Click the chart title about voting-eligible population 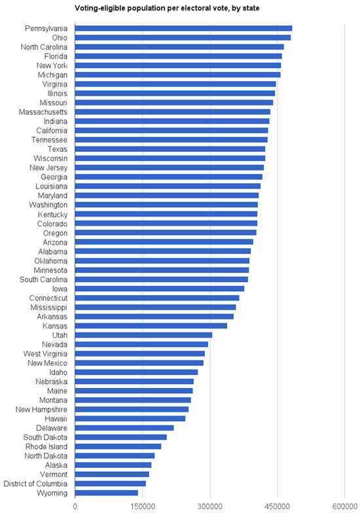[x=167, y=9]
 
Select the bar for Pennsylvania [x=183, y=28]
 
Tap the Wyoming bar [x=106, y=493]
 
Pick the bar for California [x=171, y=131]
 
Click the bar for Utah [x=143, y=335]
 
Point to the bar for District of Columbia [x=110, y=484]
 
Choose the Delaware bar [x=124, y=428]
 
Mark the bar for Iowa [x=160, y=289]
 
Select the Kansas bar [x=151, y=326]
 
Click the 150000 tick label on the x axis [x=143, y=507]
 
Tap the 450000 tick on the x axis [x=278, y=507]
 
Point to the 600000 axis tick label [x=345, y=507]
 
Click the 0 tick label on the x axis [x=75, y=507]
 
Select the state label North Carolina [x=44, y=47]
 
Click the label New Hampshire [x=41, y=410]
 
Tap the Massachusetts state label [x=43, y=112]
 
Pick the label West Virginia [x=45, y=354]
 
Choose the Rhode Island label [x=46, y=447]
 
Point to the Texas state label [x=58, y=149]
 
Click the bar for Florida [x=178, y=56]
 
